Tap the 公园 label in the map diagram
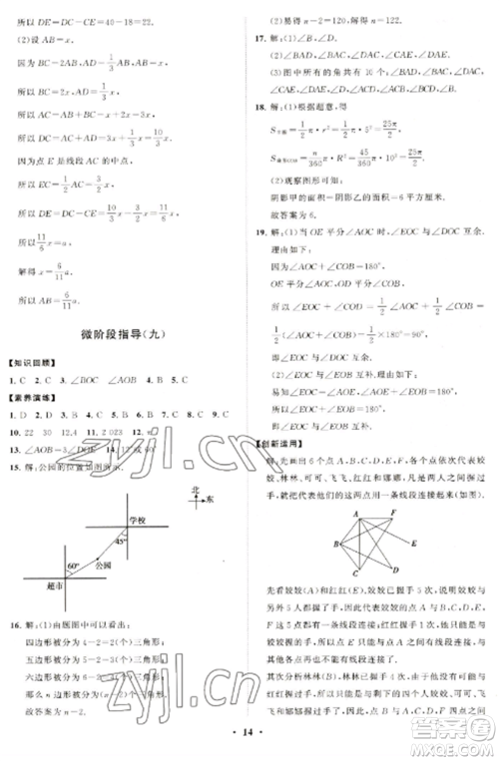(97, 565)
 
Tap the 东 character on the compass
(210, 504)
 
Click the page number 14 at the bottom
(249, 743)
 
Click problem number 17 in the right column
(262, 36)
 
